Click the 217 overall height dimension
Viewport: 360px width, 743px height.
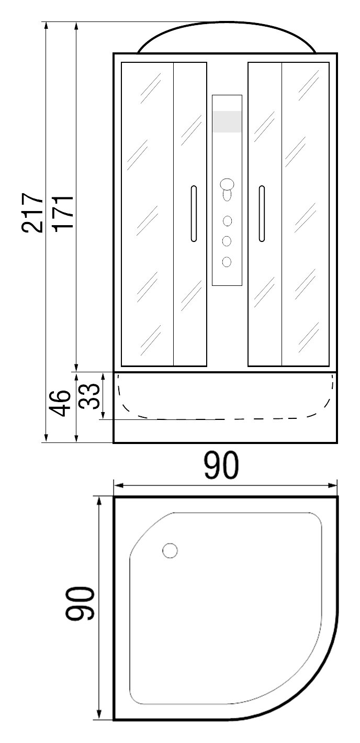click(32, 212)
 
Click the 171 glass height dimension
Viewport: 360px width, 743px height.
click(62, 212)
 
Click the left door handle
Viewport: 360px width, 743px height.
click(194, 214)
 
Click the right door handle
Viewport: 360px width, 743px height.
click(261, 214)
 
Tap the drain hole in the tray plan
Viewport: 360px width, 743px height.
click(170, 550)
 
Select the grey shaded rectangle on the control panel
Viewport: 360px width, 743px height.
click(227, 121)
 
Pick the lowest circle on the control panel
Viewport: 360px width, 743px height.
click(227, 261)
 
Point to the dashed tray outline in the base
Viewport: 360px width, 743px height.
click(225, 418)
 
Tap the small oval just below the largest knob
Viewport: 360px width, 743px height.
click(227, 196)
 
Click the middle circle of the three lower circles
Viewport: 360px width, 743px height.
click(227, 241)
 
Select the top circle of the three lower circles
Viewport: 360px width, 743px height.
click(227, 221)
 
